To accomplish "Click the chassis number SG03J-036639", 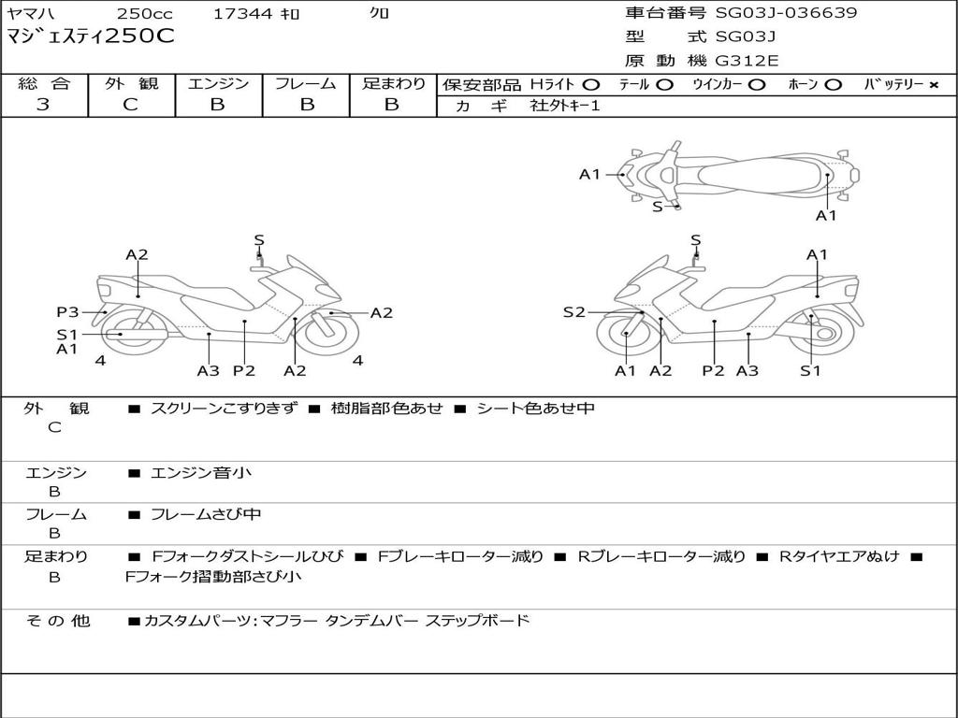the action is tap(786, 13).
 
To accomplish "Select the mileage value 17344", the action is tap(242, 14).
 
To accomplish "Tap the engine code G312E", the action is tap(748, 60).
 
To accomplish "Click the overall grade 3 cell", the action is tap(43, 105).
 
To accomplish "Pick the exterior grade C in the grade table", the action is tap(131, 105).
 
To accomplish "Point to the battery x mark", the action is tap(933, 85).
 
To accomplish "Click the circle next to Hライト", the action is tap(591, 85).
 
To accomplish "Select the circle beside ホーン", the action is tap(833, 85).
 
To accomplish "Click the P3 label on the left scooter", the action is tap(67, 312).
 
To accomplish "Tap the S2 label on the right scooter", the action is tap(573, 312).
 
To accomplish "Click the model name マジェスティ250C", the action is tap(91, 37).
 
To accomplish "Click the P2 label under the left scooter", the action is tap(244, 371).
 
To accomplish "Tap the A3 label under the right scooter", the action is tap(747, 371).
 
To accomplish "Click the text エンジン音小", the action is tap(201, 473).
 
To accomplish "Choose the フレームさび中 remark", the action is tap(206, 514).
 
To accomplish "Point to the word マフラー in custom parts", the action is tap(288, 621).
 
